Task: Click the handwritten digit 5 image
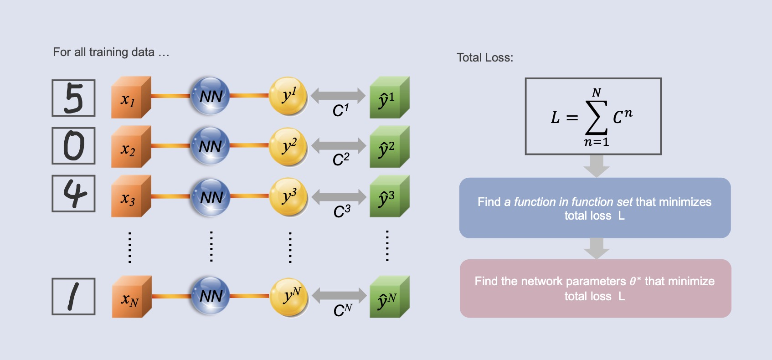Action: tap(73, 98)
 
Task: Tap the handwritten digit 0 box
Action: tap(73, 146)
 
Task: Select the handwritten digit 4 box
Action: tap(73, 194)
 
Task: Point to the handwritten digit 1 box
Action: tap(73, 297)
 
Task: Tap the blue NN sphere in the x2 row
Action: tap(210, 146)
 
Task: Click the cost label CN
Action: tap(342, 310)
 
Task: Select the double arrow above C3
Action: tap(339, 196)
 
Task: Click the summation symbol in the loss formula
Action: tap(596, 118)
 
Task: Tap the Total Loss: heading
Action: tap(485, 58)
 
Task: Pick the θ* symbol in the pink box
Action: tap(635, 281)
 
